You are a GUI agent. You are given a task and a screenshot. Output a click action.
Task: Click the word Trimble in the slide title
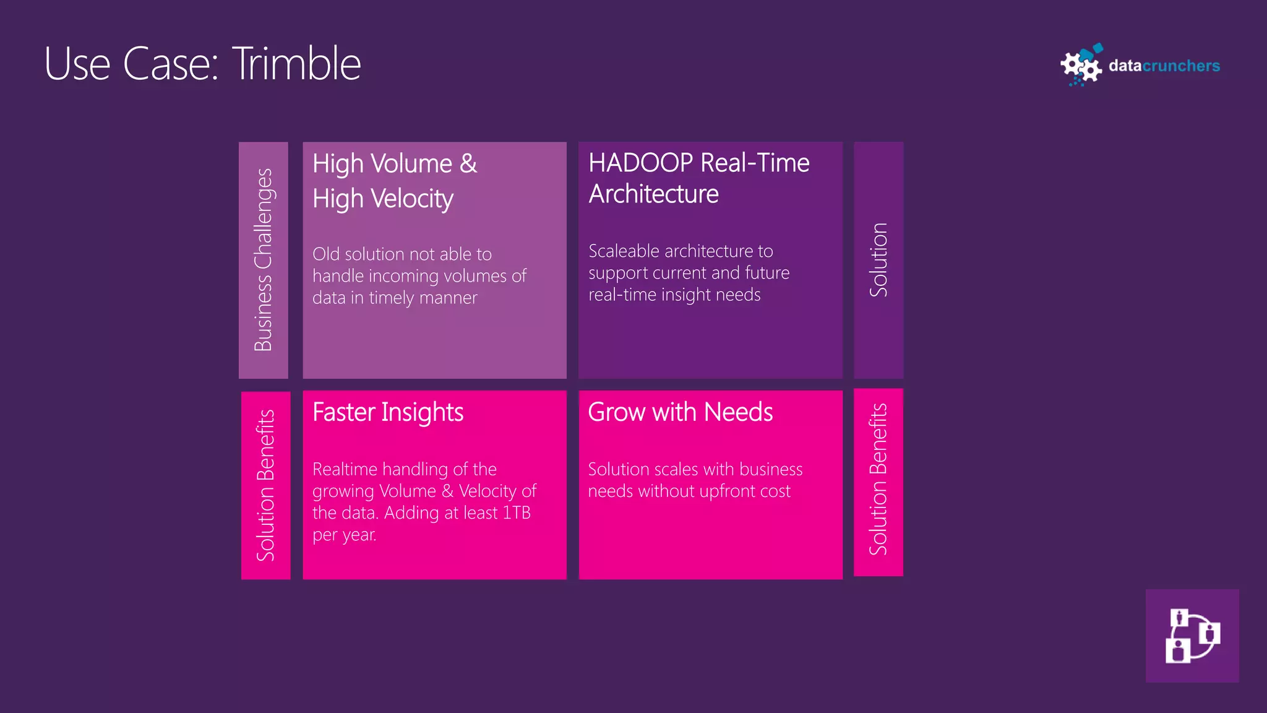[296, 64]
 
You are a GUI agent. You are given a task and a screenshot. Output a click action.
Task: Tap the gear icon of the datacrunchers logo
[1081, 66]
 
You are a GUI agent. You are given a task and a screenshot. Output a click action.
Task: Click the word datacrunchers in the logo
[1164, 66]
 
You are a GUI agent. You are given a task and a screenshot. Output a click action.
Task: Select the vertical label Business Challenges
[264, 260]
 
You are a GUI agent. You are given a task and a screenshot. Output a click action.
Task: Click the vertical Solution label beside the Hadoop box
[878, 260]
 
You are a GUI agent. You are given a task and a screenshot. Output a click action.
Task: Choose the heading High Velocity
[383, 199]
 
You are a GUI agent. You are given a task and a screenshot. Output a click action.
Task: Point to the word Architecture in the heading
[653, 194]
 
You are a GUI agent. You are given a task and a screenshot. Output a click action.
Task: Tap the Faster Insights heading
[388, 412]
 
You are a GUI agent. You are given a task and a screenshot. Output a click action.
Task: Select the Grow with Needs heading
[680, 412]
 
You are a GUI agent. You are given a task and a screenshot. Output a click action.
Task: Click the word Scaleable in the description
[624, 251]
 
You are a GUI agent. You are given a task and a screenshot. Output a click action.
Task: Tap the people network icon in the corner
[1192, 636]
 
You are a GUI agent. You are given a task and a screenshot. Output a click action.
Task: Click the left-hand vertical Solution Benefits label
[265, 485]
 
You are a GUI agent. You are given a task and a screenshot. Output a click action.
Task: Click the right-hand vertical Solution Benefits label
[878, 480]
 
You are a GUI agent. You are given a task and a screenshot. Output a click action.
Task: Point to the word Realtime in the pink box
[345, 469]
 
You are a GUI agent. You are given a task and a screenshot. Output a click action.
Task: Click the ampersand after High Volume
[468, 164]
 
